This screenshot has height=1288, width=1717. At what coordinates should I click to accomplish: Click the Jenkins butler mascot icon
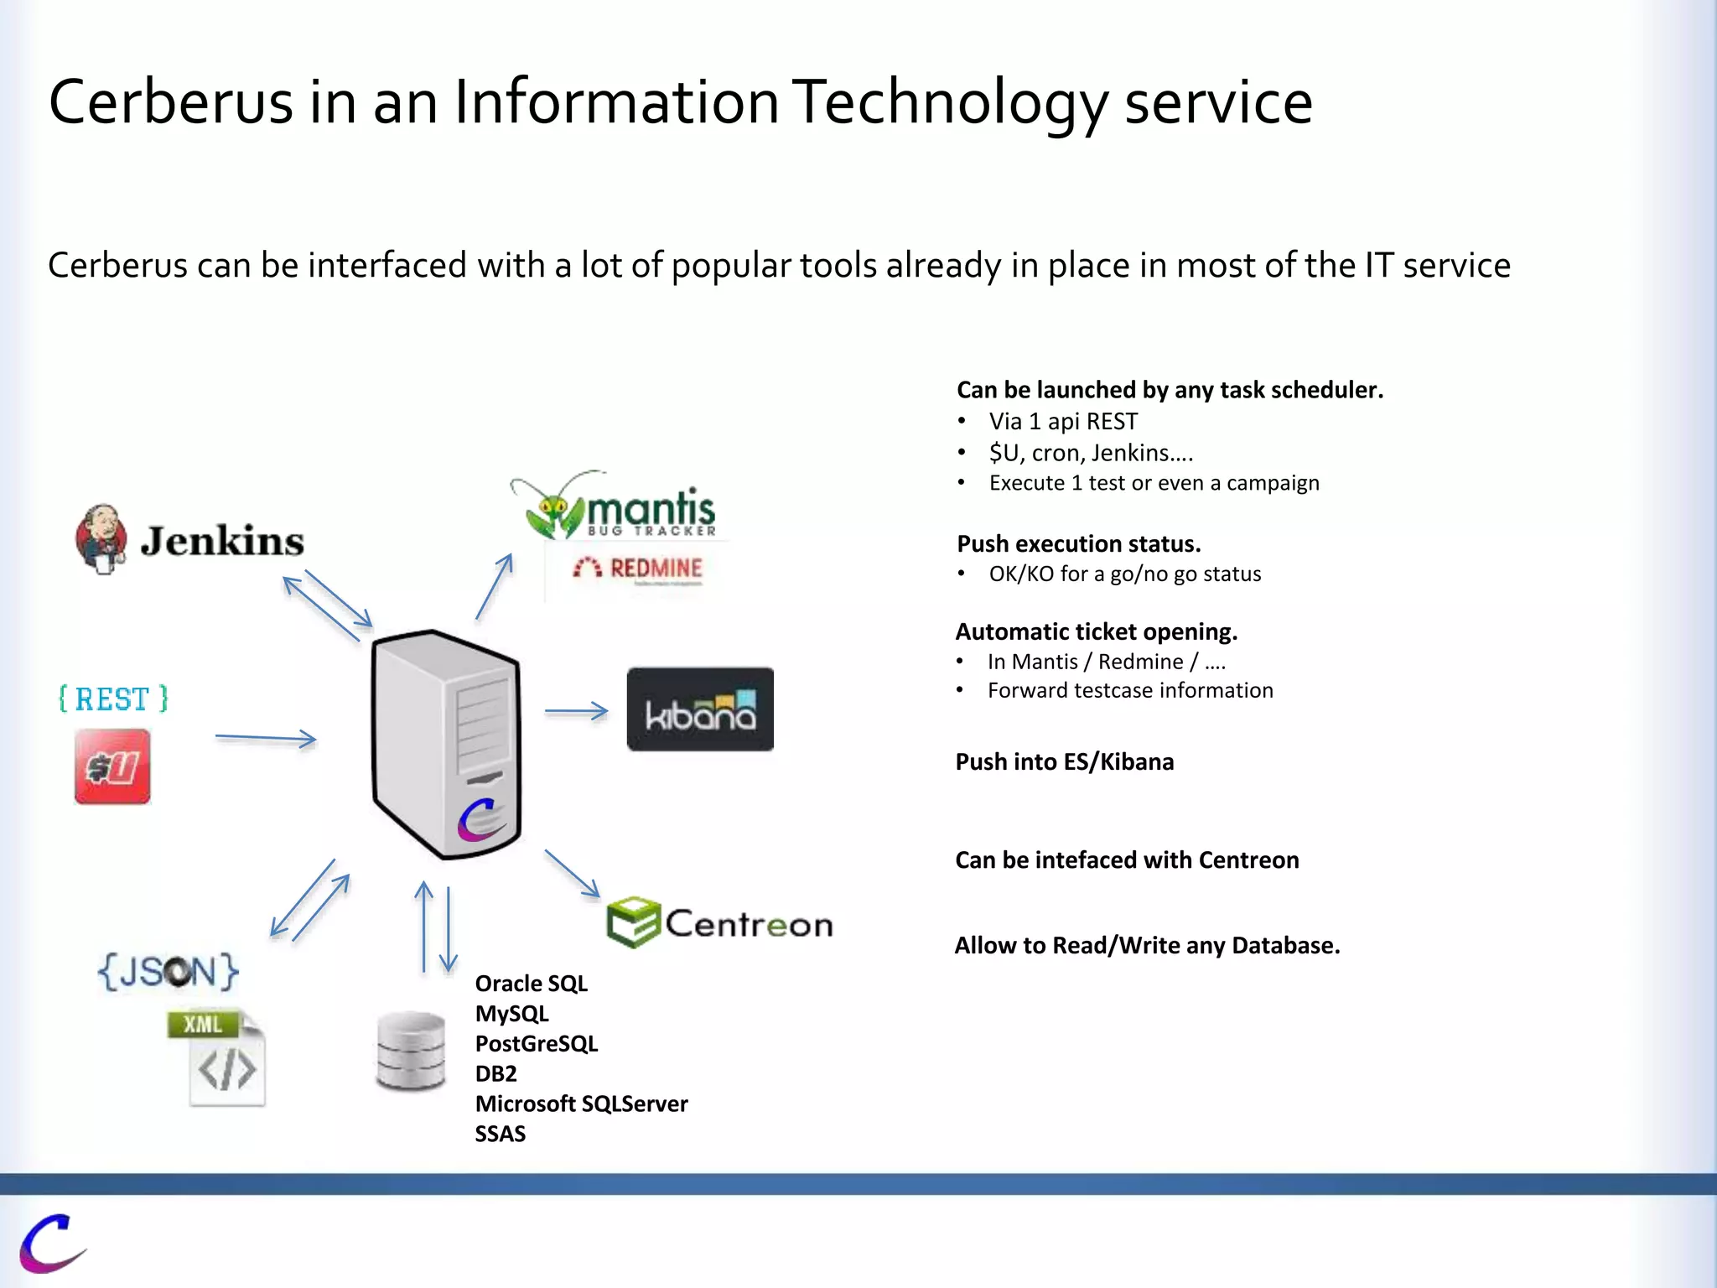101,539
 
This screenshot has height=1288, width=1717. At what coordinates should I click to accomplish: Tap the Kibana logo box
700,709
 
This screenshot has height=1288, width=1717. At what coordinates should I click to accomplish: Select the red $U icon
112,766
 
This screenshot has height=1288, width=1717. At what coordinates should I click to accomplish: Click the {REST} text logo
113,699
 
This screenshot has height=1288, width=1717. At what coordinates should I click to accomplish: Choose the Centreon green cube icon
633,922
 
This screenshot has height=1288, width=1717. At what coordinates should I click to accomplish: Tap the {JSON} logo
168,972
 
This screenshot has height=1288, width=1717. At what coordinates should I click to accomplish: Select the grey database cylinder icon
410,1051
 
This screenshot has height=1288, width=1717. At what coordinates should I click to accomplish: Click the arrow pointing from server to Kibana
576,711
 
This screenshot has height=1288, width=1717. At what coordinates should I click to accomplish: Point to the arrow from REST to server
265,738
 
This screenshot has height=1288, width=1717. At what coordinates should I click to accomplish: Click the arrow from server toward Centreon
573,873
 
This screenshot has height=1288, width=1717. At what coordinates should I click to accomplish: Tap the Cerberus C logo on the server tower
480,819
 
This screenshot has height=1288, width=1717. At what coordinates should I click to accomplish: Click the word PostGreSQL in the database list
537,1044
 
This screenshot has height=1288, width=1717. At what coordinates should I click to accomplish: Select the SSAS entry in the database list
501,1134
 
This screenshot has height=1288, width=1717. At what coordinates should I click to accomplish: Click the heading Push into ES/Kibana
1064,761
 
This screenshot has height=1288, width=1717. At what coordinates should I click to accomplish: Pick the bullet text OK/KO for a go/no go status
1124,574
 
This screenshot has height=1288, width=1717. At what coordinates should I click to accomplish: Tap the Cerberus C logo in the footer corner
50,1243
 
